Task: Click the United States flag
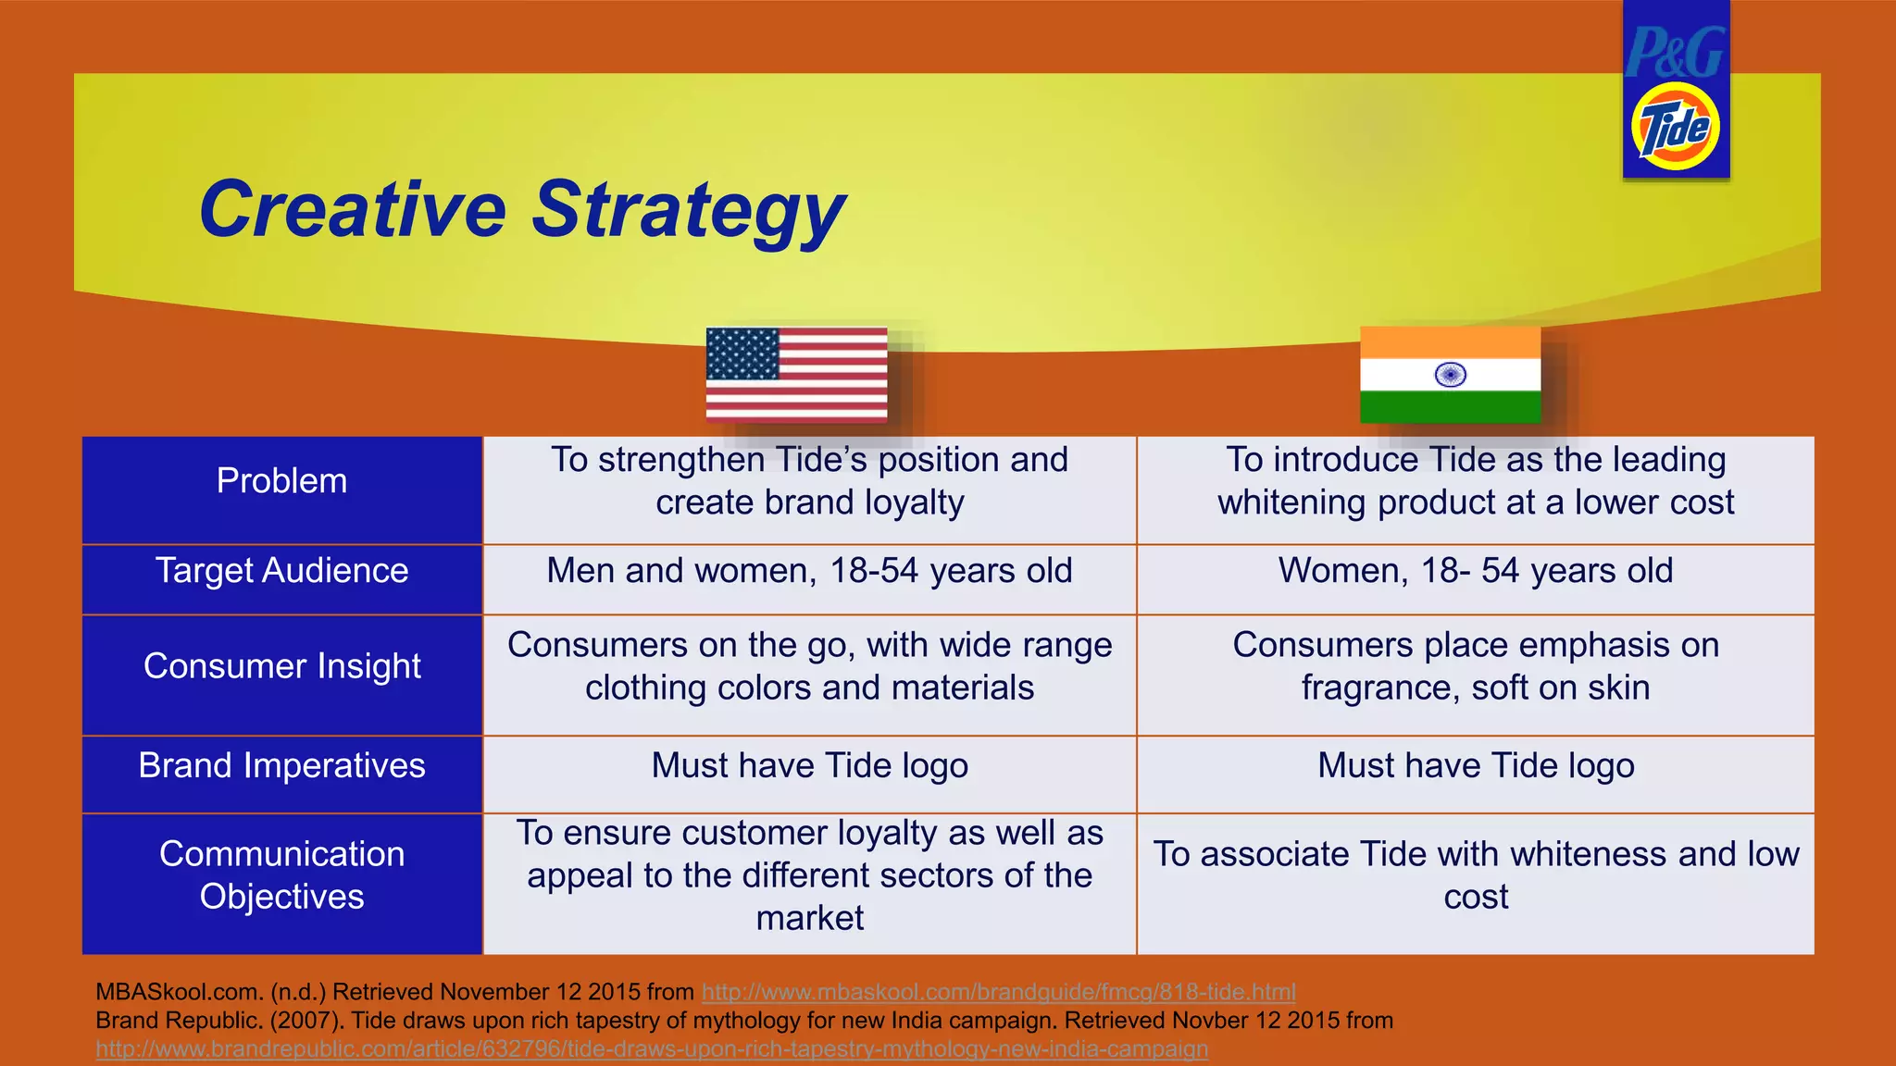(796, 374)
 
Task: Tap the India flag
(1450, 374)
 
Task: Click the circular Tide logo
(1675, 127)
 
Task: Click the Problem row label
(281, 481)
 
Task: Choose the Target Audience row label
(281, 571)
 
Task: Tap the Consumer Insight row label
(281, 666)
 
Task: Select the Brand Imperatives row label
(281, 766)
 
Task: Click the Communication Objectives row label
(281, 875)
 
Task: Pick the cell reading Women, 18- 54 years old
(1475, 571)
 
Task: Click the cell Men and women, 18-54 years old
(809, 571)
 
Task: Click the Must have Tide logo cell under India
(1475, 766)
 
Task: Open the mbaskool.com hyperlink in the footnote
(998, 993)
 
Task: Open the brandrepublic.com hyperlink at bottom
(652, 1049)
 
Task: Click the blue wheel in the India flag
(1450, 375)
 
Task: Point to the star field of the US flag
(742, 353)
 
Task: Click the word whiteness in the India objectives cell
(1591, 854)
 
